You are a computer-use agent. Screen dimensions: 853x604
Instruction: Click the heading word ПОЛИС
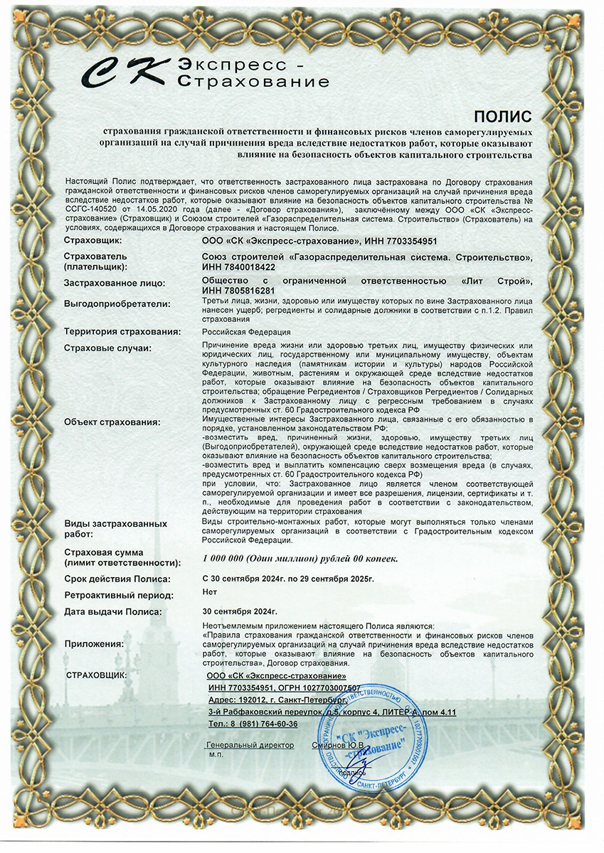(x=502, y=116)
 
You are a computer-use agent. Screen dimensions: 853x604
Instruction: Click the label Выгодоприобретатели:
(x=117, y=304)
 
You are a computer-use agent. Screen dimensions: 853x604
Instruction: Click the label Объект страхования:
(x=112, y=422)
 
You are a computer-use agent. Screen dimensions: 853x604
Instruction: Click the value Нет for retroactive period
(x=209, y=592)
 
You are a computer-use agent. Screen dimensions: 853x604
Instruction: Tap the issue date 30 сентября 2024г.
(x=240, y=611)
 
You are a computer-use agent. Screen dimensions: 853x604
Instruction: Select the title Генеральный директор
(x=250, y=745)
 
